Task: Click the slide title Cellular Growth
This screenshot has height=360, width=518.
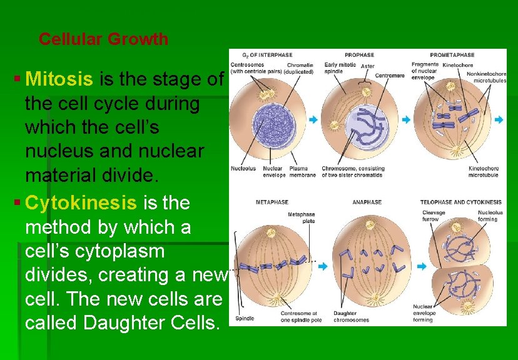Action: [x=103, y=39]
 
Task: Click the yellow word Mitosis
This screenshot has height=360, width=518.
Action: [x=61, y=79]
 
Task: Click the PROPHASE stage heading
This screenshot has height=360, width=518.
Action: [x=359, y=55]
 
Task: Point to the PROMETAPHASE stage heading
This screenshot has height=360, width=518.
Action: [x=452, y=55]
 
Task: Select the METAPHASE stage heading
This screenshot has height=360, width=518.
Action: [x=272, y=202]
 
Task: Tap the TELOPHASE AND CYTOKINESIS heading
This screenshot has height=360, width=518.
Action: [x=460, y=202]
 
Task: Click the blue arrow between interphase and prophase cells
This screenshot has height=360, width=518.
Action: [x=317, y=119]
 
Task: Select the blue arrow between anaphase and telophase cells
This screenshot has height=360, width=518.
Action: [x=421, y=266]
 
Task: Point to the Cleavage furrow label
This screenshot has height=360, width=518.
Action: [x=434, y=216]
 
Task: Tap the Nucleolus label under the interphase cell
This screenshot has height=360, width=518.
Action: [x=243, y=169]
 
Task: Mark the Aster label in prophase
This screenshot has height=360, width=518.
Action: [x=368, y=66]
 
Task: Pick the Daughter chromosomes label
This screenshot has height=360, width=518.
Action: [x=352, y=316]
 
